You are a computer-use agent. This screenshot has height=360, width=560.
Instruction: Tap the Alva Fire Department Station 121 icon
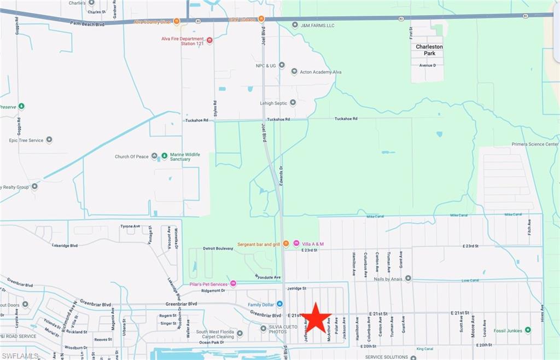209,40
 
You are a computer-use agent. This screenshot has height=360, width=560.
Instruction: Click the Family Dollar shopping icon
279,304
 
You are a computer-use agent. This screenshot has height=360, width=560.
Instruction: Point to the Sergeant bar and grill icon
285,243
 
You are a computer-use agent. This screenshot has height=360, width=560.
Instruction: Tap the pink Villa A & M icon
296,243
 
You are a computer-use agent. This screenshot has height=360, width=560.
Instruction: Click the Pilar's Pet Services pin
234,283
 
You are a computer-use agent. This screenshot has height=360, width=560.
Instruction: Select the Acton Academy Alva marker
294,72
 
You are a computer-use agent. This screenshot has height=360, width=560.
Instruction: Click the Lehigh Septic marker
293,102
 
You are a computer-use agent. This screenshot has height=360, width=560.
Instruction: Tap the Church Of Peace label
131,156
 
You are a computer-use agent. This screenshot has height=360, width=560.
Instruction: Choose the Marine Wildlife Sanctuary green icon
164,156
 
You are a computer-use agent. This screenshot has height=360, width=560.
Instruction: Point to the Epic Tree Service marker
49,140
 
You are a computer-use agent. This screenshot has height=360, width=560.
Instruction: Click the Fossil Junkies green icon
528,330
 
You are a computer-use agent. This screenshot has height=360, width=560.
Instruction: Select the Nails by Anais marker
408,278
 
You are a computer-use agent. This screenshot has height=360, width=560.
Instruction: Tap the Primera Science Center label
535,144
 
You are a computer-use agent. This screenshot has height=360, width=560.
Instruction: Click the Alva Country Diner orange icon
177,21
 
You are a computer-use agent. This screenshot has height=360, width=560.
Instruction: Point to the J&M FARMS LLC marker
295,25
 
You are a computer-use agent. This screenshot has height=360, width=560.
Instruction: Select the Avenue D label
428,65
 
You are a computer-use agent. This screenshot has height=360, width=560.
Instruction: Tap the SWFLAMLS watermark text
20,356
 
